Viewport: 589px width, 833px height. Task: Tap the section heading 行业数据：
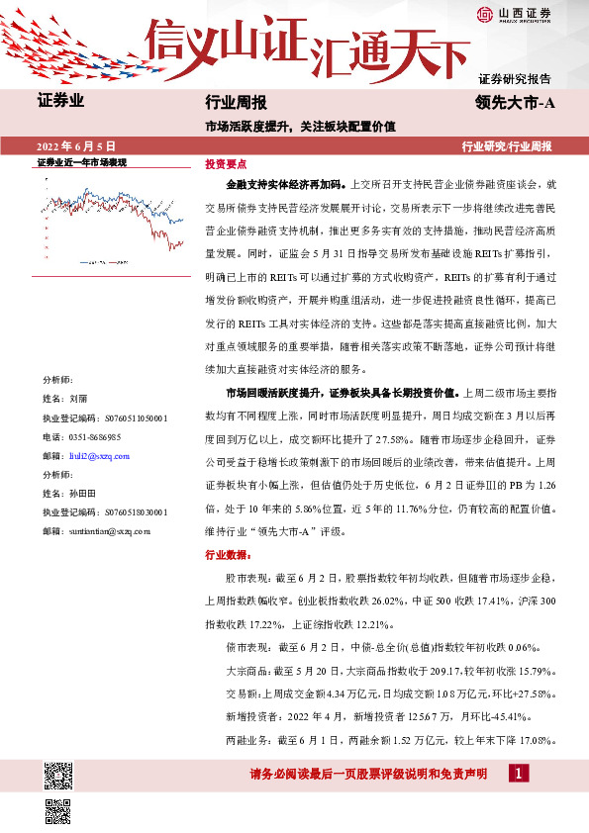tap(227, 555)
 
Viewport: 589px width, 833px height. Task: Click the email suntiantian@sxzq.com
tap(110, 531)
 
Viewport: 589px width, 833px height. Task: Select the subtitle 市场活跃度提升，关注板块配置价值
tap(299, 126)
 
